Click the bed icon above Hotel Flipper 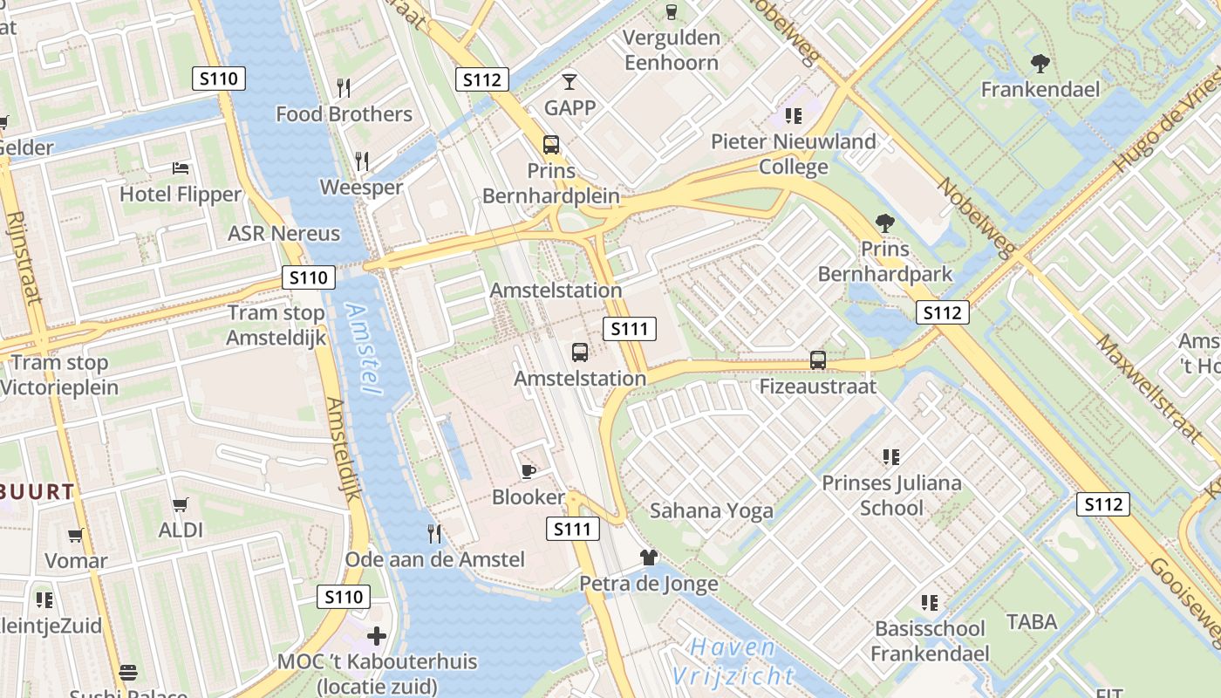pyautogui.click(x=181, y=168)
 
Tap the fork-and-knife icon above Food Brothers pyautogui.click(x=344, y=87)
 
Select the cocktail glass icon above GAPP pyautogui.click(x=570, y=82)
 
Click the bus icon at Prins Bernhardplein pyautogui.click(x=551, y=145)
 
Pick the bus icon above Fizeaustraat pyautogui.click(x=818, y=359)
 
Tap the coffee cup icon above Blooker pyautogui.click(x=528, y=471)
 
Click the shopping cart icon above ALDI pyautogui.click(x=181, y=504)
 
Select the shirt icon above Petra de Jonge pyautogui.click(x=648, y=558)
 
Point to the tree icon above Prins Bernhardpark pyautogui.click(x=885, y=223)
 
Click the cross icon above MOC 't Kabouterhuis pyautogui.click(x=377, y=636)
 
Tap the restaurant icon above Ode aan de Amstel pyautogui.click(x=434, y=533)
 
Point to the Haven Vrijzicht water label pyautogui.click(x=733, y=661)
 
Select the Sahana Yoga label pyautogui.click(x=712, y=510)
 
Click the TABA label pyautogui.click(x=1032, y=622)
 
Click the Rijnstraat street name pyautogui.click(x=24, y=257)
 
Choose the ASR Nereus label pyautogui.click(x=283, y=234)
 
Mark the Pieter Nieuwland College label pyautogui.click(x=794, y=154)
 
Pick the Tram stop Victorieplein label pyautogui.click(x=60, y=375)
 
